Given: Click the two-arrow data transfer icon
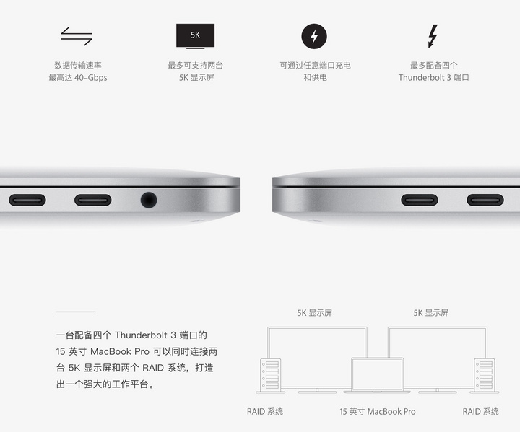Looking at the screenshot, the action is click(x=77, y=36).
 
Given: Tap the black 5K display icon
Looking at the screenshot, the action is click(x=195, y=36).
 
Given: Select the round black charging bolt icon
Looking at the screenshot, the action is click(x=314, y=36).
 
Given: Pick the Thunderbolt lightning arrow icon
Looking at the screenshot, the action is click(x=433, y=36).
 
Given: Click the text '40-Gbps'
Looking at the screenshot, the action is click(x=90, y=77).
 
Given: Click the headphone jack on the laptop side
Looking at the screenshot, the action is click(x=149, y=200).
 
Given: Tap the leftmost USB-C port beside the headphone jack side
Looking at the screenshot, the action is click(x=27, y=200).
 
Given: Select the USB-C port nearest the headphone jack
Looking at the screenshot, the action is click(x=93, y=200).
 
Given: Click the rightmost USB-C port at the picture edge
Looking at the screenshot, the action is click(x=485, y=200).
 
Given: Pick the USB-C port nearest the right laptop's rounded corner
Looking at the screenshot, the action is click(x=420, y=200).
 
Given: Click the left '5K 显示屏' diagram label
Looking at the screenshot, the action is click(x=314, y=313).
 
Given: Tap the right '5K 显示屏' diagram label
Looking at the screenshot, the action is click(x=430, y=313).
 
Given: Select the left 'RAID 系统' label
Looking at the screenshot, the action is click(x=265, y=412).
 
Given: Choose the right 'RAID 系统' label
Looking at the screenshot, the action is click(x=480, y=412).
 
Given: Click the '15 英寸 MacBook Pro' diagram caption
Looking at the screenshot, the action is click(x=378, y=412).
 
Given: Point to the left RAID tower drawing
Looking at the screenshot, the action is click(x=270, y=375).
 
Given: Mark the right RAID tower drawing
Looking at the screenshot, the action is click(x=485, y=375).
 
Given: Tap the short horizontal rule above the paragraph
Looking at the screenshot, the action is click(x=76, y=312).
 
